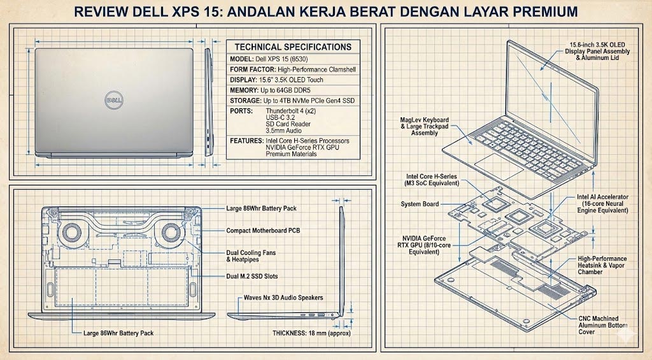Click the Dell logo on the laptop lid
point(113,101)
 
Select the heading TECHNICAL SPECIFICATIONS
point(293,47)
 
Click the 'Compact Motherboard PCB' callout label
point(263,231)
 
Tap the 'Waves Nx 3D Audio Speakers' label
point(283,298)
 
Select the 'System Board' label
point(420,205)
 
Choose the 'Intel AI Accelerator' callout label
point(602,198)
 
